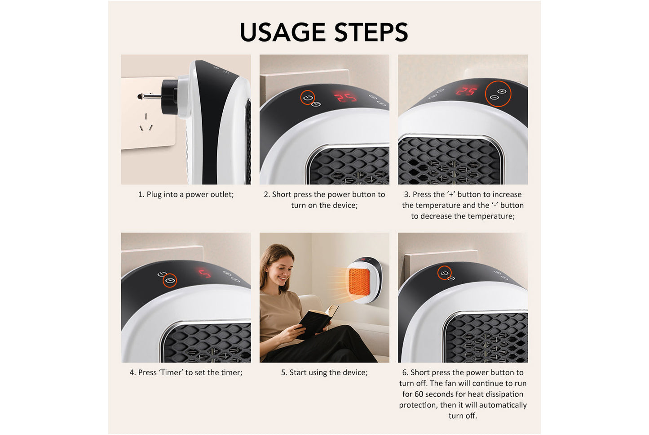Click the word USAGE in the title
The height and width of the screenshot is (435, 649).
coord(283,32)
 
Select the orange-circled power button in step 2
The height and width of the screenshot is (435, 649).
coord(308,97)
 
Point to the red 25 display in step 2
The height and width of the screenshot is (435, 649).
coord(345,97)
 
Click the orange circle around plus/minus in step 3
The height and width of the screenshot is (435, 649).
coord(498,94)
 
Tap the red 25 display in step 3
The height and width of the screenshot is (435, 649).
coord(466,91)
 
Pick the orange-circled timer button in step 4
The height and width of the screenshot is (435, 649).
coord(170,281)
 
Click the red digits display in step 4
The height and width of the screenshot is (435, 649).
coord(205,273)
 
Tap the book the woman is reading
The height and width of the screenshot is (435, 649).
coord(317,321)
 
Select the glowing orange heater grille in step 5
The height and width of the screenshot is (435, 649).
coord(359,282)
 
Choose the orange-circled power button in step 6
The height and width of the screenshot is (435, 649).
coord(445,273)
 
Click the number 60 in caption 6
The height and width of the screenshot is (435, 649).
coord(419,394)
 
